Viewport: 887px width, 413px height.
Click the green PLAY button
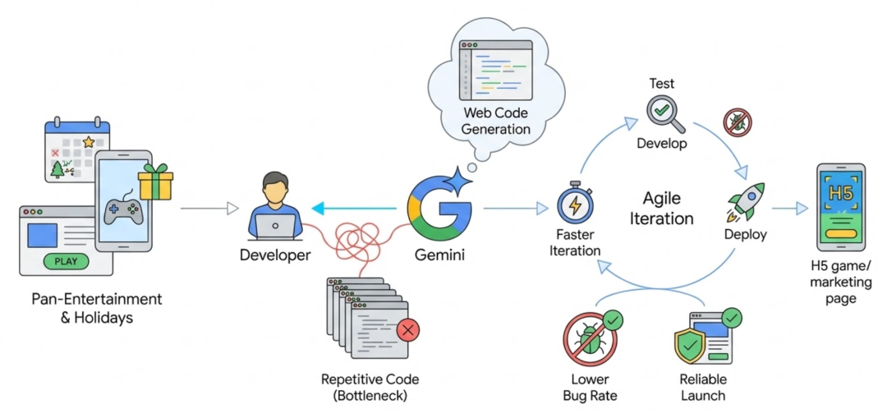[x=66, y=263]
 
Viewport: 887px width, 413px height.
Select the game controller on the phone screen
[x=122, y=212]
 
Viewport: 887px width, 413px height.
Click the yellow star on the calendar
[x=89, y=142]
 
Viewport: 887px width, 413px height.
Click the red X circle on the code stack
[x=407, y=331]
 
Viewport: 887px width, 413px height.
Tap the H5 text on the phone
[x=840, y=193]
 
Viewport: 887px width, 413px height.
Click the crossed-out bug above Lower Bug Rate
[x=591, y=339]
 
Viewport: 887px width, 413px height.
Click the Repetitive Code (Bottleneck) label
[x=370, y=387]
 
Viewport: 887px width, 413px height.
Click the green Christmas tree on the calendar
[x=58, y=169]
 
